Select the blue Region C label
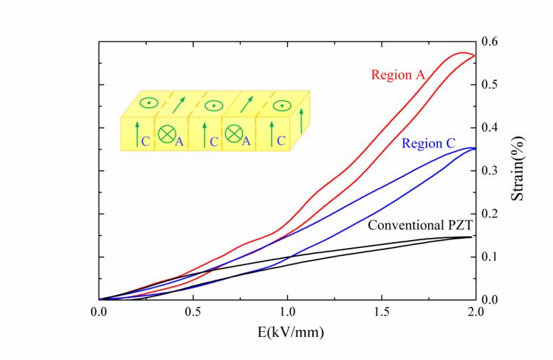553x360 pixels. click(428, 144)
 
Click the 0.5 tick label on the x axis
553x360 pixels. click(193, 312)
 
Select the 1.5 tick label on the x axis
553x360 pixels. click(382, 312)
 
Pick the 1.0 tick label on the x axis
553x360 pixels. click(288, 312)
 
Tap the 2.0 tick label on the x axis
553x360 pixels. click(476, 312)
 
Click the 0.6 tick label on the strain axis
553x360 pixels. click(489, 41)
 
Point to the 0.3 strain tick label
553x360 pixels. click(489, 171)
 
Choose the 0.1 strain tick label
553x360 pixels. click(489, 257)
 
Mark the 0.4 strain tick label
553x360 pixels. click(489, 127)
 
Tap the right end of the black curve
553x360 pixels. click(472, 236)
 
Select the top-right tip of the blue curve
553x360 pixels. click(472, 148)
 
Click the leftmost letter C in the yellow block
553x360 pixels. click(145, 140)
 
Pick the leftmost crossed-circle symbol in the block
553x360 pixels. click(167, 134)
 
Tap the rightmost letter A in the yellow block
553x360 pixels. click(246, 140)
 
